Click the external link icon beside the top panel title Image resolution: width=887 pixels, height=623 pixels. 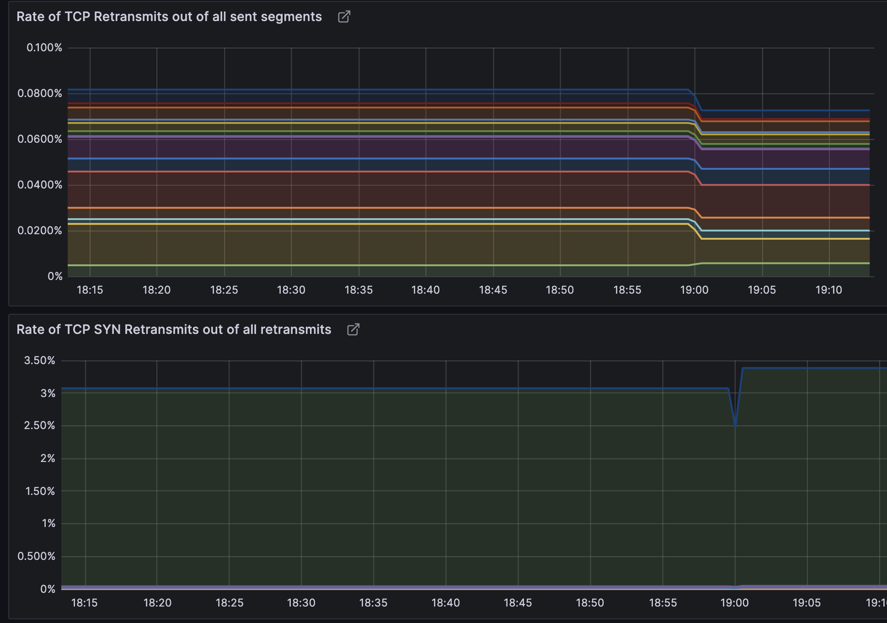click(344, 17)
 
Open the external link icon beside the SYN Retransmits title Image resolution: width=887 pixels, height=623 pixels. click(353, 330)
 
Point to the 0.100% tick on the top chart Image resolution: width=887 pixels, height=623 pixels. click(44, 48)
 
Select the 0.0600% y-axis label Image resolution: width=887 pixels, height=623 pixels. click(40, 139)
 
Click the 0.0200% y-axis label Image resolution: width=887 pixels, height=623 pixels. click(40, 231)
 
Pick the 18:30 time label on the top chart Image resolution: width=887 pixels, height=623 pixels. click(291, 290)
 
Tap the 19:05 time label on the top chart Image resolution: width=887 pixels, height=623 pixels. click(762, 290)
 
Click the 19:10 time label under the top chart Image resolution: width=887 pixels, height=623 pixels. click(829, 290)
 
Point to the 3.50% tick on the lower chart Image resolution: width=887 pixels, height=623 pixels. click(40, 360)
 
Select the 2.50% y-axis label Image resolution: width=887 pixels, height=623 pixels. click(40, 425)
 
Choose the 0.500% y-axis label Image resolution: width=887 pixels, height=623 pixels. click(37, 556)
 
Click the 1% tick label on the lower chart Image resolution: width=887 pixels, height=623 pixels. click(48, 523)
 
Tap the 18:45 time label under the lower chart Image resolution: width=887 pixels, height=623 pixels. click(518, 603)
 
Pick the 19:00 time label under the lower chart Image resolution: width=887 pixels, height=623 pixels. click(735, 603)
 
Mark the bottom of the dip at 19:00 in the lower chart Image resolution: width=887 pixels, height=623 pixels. click(735, 426)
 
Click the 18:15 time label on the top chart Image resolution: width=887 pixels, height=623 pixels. click(90, 290)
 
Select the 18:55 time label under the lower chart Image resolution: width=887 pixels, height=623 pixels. click(663, 603)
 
